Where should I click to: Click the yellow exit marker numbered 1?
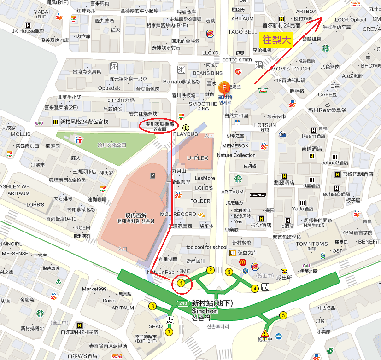[182, 283]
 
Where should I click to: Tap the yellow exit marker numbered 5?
[283, 315]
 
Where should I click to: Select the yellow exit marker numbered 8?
[152, 306]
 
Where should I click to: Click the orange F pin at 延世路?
[225, 87]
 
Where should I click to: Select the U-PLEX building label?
[197, 158]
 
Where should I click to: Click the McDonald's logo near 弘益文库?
[243, 262]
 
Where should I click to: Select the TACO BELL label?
[242, 32]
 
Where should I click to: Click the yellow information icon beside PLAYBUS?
[186, 127]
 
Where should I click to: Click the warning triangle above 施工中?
[265, 333]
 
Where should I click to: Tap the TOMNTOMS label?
[311, 244]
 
